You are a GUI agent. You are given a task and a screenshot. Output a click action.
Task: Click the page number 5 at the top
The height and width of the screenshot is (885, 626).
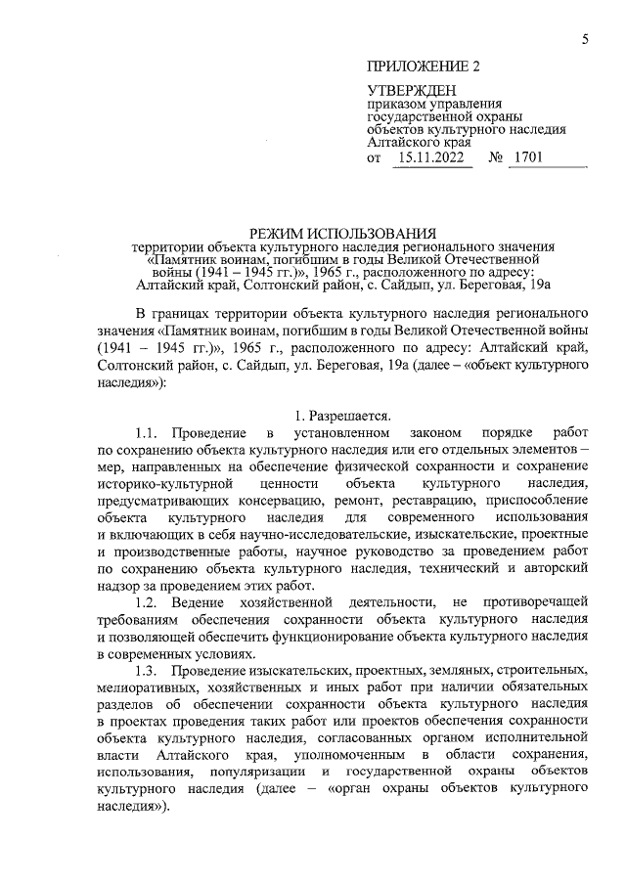click(584, 39)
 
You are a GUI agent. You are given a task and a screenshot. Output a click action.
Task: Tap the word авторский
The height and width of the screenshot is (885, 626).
click(549, 568)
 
